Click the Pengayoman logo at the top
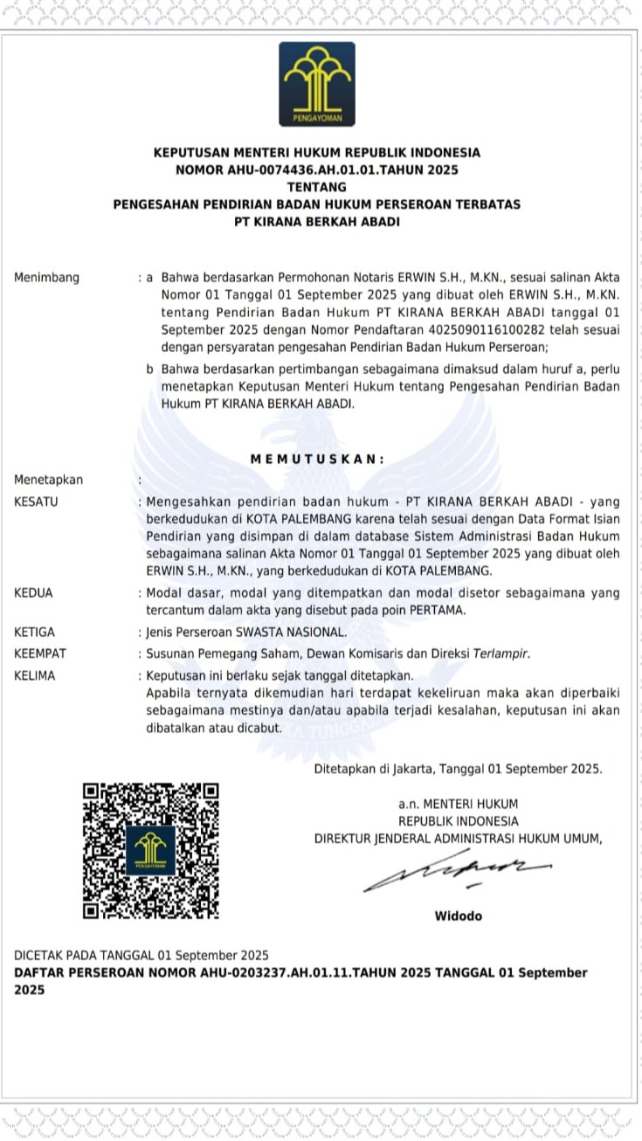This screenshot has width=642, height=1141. (316, 84)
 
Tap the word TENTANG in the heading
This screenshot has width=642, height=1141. (316, 187)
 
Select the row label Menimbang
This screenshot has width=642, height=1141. (46, 278)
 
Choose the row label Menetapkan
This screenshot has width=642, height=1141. (48, 480)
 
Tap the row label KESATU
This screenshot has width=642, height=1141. (36, 501)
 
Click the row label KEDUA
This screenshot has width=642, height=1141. (33, 592)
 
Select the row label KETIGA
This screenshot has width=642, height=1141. (34, 632)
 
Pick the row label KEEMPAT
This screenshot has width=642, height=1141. (40, 653)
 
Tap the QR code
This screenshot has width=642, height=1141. (150, 851)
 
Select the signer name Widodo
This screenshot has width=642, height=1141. (458, 916)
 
